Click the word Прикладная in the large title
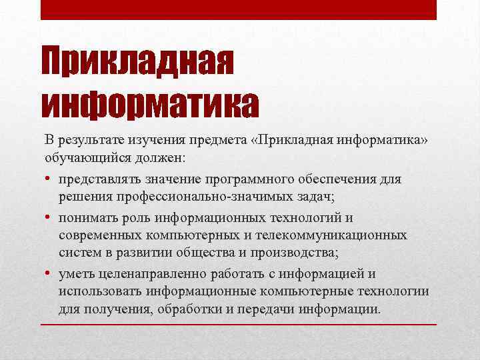[x=138, y=62]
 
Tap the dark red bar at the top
[x=239, y=9]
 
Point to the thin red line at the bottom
[x=239, y=324]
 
